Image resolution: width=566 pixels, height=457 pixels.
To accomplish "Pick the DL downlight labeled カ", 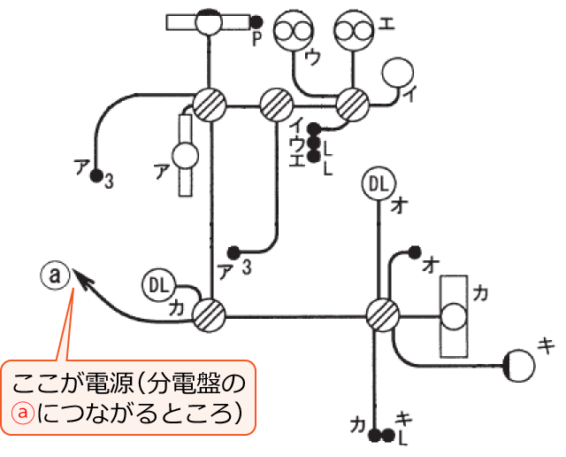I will [x=158, y=285].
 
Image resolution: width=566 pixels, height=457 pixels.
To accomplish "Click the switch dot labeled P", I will [x=255, y=22].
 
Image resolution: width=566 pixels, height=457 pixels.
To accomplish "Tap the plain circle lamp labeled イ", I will [x=398, y=74].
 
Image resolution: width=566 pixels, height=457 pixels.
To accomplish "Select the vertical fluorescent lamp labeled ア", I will [x=186, y=155].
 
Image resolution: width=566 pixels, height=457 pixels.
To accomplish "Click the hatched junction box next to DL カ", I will [x=210, y=313].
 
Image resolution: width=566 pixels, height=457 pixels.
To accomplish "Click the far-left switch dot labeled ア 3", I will [x=96, y=175].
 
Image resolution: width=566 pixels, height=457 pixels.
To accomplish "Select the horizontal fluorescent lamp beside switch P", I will [x=210, y=22].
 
